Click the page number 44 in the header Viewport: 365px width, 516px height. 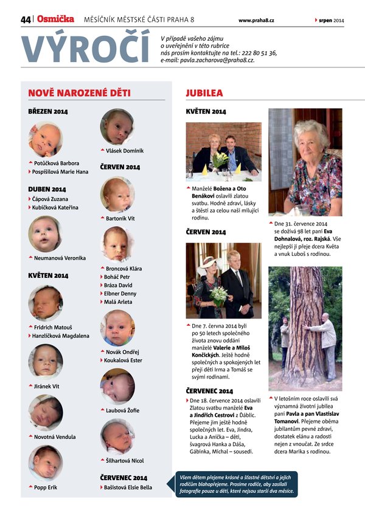click(26, 19)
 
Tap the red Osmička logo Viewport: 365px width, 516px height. click(55, 19)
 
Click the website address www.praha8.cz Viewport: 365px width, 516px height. click(256, 21)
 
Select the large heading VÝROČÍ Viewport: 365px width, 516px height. click(85, 48)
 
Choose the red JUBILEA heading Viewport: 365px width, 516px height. click(204, 93)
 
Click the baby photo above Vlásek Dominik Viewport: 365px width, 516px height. click(117, 126)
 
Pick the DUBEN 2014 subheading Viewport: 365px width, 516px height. click(48, 189)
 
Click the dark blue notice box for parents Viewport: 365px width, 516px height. click(237, 484)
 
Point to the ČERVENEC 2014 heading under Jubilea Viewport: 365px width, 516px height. click(209, 391)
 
